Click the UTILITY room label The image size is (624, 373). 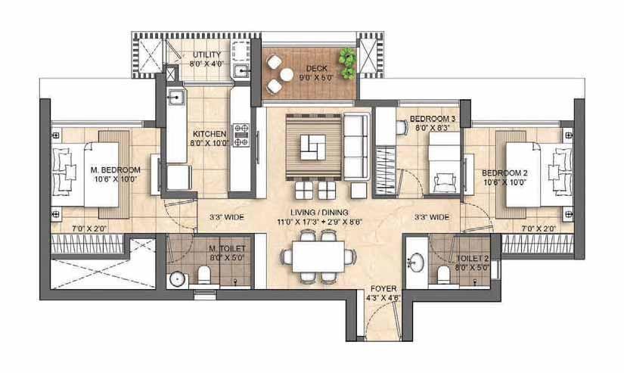tap(206, 54)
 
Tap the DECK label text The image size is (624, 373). tap(317, 68)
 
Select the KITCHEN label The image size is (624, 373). tap(210, 134)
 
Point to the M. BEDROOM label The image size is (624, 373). tap(116, 170)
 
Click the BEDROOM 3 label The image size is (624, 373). tap(432, 119)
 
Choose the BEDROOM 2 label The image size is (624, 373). tap(504, 173)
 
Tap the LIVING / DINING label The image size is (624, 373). tap(319, 213)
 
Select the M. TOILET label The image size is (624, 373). tap(227, 249)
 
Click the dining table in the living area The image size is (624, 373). tap(318, 256)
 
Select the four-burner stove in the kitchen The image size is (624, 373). tap(241, 135)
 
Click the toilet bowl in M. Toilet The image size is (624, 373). tap(204, 275)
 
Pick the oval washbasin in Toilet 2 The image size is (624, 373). tap(417, 263)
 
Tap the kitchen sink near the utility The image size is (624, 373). tap(175, 97)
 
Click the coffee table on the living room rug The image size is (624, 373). tap(313, 148)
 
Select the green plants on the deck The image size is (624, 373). tap(348, 63)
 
